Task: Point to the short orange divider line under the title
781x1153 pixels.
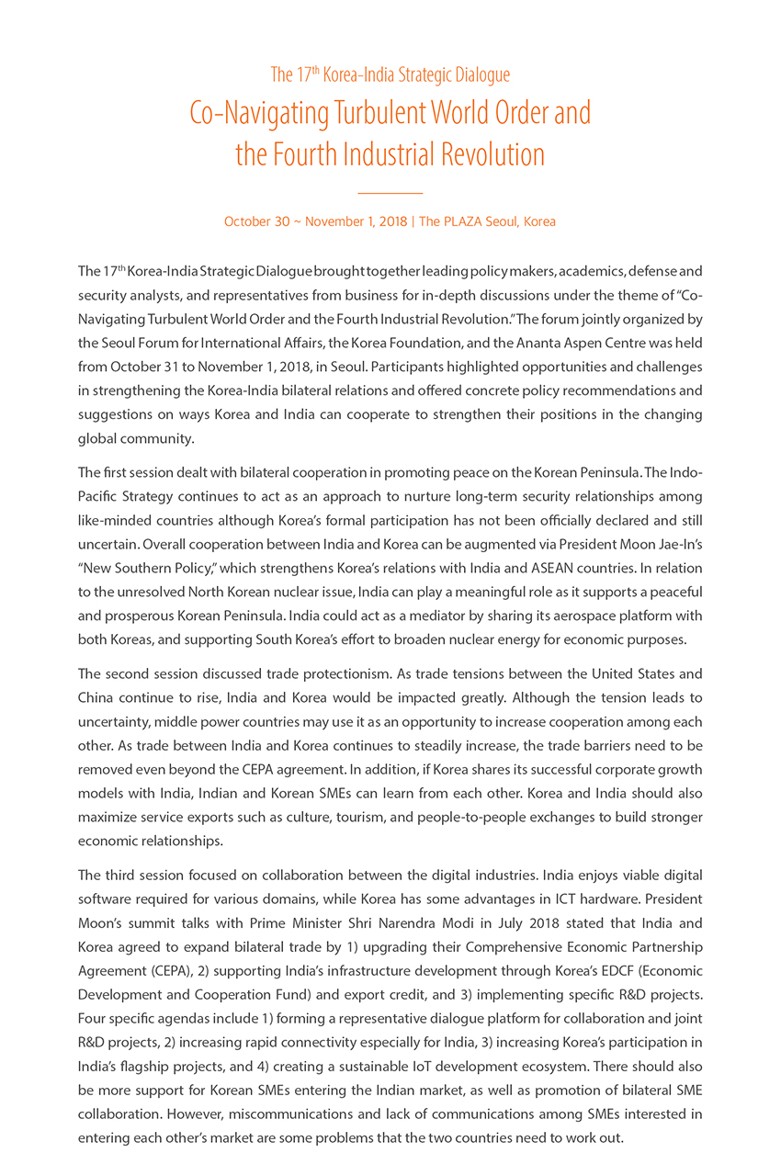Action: pos(390,193)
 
